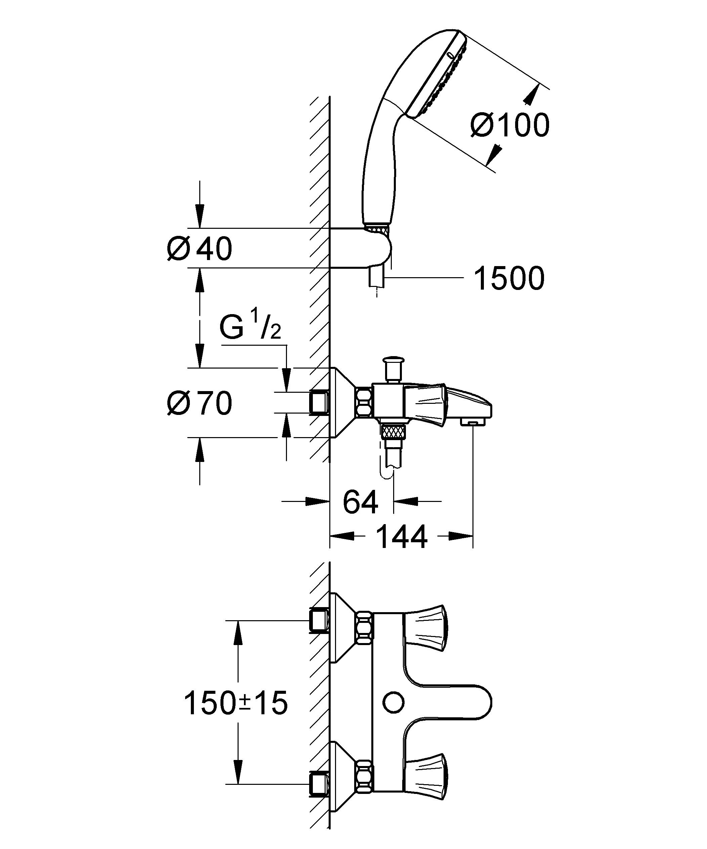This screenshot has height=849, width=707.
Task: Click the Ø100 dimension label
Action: [510, 125]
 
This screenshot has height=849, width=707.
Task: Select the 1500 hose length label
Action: [509, 279]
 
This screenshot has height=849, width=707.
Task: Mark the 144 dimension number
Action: [402, 537]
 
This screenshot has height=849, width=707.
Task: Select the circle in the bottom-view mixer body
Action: [393, 703]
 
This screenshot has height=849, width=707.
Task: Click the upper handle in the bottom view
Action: [426, 635]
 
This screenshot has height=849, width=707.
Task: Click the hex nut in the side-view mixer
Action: [364, 402]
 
